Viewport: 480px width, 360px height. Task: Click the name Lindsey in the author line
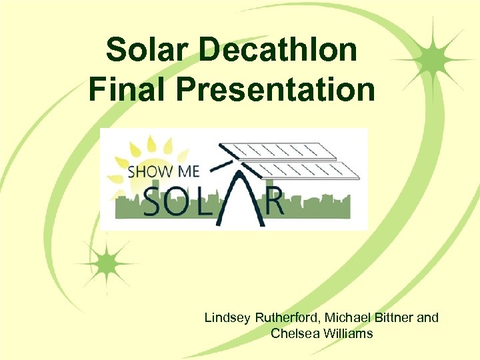pyautogui.click(x=227, y=317)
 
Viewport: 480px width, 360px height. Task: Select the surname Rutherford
pyautogui.click(x=286, y=317)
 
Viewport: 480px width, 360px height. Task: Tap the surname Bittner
pyautogui.click(x=393, y=317)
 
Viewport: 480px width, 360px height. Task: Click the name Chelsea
pyautogui.click(x=294, y=333)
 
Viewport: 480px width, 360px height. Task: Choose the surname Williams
pyautogui.click(x=347, y=333)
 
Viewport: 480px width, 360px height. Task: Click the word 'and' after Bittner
pyautogui.click(x=428, y=317)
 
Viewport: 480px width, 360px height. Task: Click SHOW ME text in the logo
pyautogui.click(x=163, y=172)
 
